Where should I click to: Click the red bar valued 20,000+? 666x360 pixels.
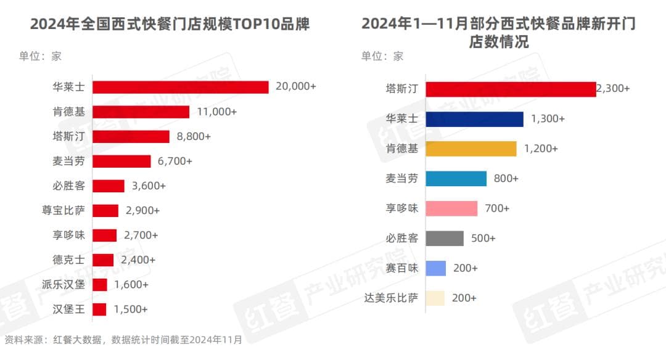coord(181,87)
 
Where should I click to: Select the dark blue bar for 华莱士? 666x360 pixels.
coord(474,119)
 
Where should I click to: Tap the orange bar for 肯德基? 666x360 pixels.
coord(471,149)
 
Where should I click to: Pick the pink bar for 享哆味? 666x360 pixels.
coord(451,208)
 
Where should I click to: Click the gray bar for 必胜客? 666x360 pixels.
coord(445,238)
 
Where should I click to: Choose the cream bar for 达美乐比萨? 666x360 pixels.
coord(436,298)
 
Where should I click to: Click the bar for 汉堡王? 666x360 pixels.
coord(100,309)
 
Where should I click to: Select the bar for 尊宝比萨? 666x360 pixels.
coord(105,210)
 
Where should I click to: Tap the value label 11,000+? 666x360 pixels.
coord(216,112)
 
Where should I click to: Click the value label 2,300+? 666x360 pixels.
coord(614,89)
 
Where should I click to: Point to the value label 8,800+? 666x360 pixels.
coord(194,136)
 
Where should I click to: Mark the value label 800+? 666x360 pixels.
coord(506,179)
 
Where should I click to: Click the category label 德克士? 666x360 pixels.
coord(68,260)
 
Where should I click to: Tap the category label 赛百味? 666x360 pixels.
coord(401,268)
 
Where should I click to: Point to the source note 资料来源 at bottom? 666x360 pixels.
coord(123,340)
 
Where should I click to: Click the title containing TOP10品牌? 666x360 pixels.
coord(170,24)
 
